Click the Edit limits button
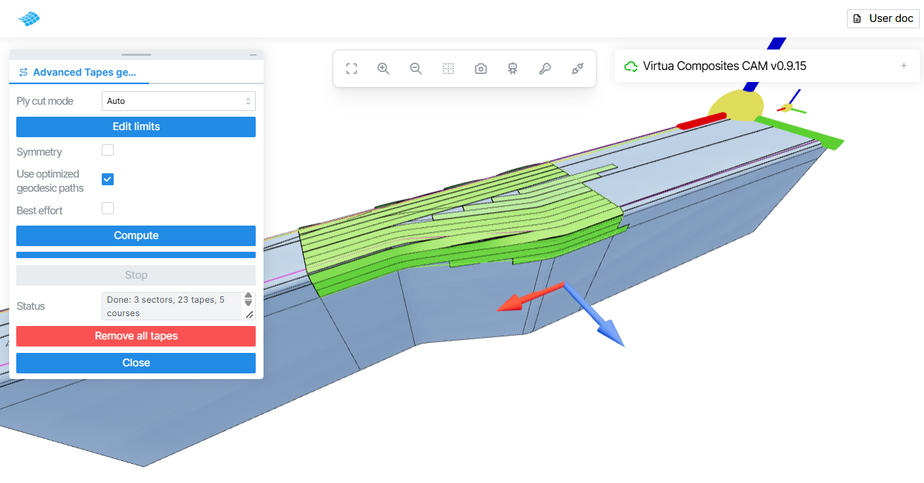point(136,127)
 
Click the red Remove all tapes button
point(136,336)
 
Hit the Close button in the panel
point(136,363)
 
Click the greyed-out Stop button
point(136,275)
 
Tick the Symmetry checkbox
point(107,150)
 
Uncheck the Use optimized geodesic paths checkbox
point(107,180)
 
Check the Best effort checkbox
point(107,209)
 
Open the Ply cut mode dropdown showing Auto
point(179,101)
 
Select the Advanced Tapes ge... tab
point(79,72)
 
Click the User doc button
point(883,18)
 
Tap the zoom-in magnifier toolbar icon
point(383,69)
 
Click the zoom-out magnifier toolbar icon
point(416,69)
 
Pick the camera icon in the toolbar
point(480,69)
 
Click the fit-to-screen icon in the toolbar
point(352,69)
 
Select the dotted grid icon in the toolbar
point(449,69)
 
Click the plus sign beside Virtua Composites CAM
point(904,66)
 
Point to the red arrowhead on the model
point(509,303)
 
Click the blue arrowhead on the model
point(611,333)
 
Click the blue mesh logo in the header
point(29,18)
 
